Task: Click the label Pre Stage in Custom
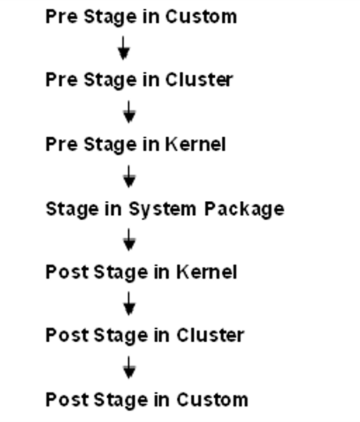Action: [141, 17]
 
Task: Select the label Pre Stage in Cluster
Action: [139, 80]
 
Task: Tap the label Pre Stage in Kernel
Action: [136, 144]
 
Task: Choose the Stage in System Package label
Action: [165, 209]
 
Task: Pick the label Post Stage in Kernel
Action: [141, 272]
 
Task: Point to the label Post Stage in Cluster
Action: [144, 335]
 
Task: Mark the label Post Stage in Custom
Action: [146, 400]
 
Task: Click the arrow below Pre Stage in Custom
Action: [124, 48]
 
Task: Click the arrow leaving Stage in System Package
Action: [129, 241]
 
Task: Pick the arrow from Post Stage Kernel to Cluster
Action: [129, 304]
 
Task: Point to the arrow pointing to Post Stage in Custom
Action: [129, 368]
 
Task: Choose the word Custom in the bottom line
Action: [212, 400]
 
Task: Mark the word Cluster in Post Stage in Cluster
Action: [210, 335]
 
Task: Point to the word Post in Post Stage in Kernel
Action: [63, 272]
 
